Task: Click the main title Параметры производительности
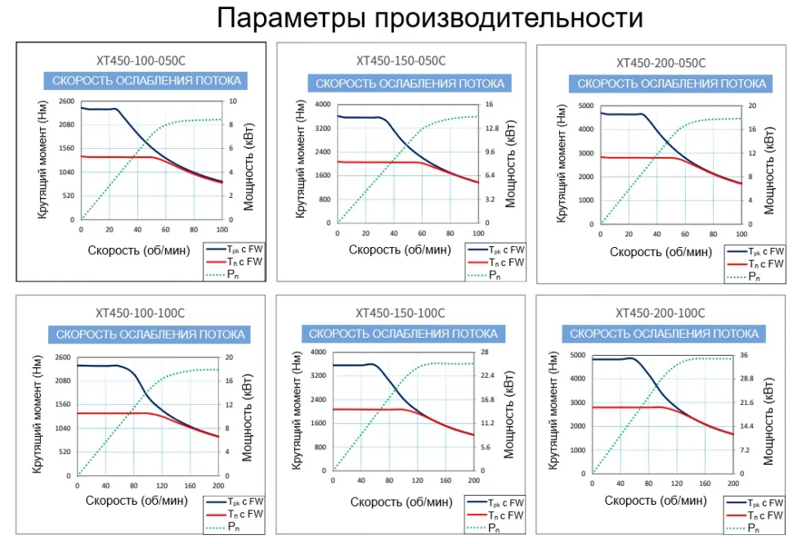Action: [x=396, y=19]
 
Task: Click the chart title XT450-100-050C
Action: [x=141, y=60]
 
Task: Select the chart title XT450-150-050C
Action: [x=401, y=61]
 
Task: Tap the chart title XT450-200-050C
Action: [x=661, y=63]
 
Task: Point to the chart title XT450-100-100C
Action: [x=141, y=312]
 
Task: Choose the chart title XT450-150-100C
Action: [x=401, y=312]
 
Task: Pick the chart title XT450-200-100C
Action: [x=661, y=312]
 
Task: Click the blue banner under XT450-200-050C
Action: [x=671, y=83]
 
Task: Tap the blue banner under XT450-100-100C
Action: [x=147, y=335]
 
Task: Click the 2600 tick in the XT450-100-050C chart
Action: [x=67, y=101]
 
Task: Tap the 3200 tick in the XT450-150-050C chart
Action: [x=325, y=128]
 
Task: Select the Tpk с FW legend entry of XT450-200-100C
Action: [x=753, y=502]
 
